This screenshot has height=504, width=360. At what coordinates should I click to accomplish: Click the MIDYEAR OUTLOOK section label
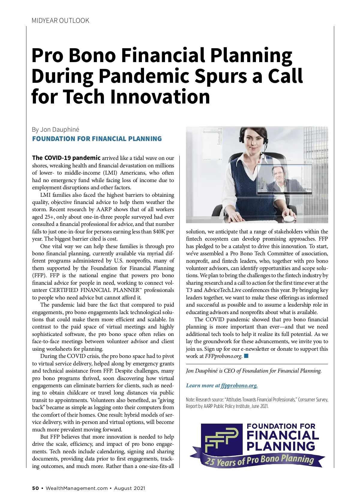[x=60, y=21]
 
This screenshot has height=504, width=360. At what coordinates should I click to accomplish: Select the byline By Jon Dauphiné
[x=55, y=130]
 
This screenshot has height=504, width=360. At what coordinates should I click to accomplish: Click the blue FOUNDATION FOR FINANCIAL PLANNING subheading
[x=97, y=139]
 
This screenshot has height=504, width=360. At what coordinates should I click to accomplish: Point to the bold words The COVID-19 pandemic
[x=66, y=158]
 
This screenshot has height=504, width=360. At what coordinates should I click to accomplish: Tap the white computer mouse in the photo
[x=289, y=218]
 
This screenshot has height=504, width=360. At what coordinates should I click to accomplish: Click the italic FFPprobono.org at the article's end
[x=223, y=356]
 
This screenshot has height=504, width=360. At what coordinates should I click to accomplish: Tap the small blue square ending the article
[x=246, y=356]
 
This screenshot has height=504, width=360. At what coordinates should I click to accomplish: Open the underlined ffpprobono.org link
[x=239, y=385]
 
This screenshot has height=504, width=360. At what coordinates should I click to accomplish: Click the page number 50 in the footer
[x=35, y=488]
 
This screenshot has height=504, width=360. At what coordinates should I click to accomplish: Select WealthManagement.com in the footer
[x=76, y=488]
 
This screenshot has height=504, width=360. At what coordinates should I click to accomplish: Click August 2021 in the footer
[x=130, y=488]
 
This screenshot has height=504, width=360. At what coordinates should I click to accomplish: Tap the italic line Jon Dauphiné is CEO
[x=253, y=371]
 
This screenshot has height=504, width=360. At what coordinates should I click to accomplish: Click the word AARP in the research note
[x=208, y=406]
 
